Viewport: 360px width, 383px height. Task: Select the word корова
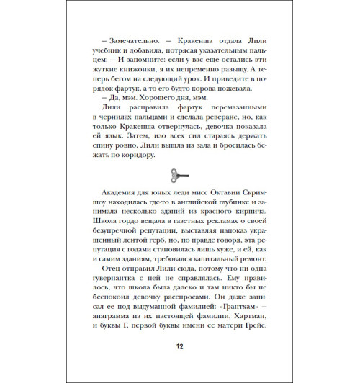point(202,87)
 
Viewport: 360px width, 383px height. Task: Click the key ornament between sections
point(180,175)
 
